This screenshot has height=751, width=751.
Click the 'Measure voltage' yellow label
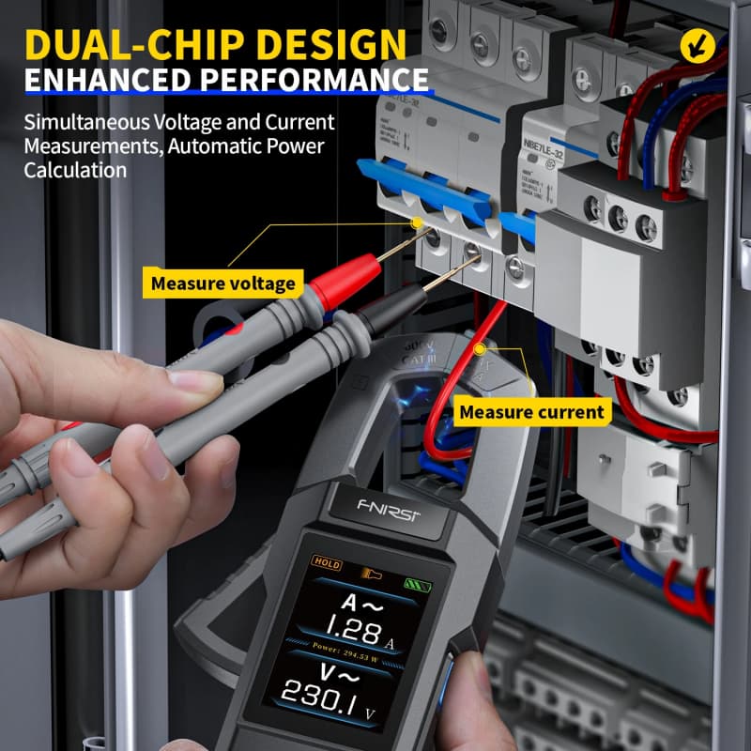(x=223, y=283)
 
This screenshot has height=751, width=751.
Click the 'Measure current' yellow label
(x=531, y=411)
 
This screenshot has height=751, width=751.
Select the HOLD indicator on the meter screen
(x=328, y=564)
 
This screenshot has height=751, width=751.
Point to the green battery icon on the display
(x=413, y=583)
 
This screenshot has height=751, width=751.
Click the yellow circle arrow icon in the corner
(x=696, y=41)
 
